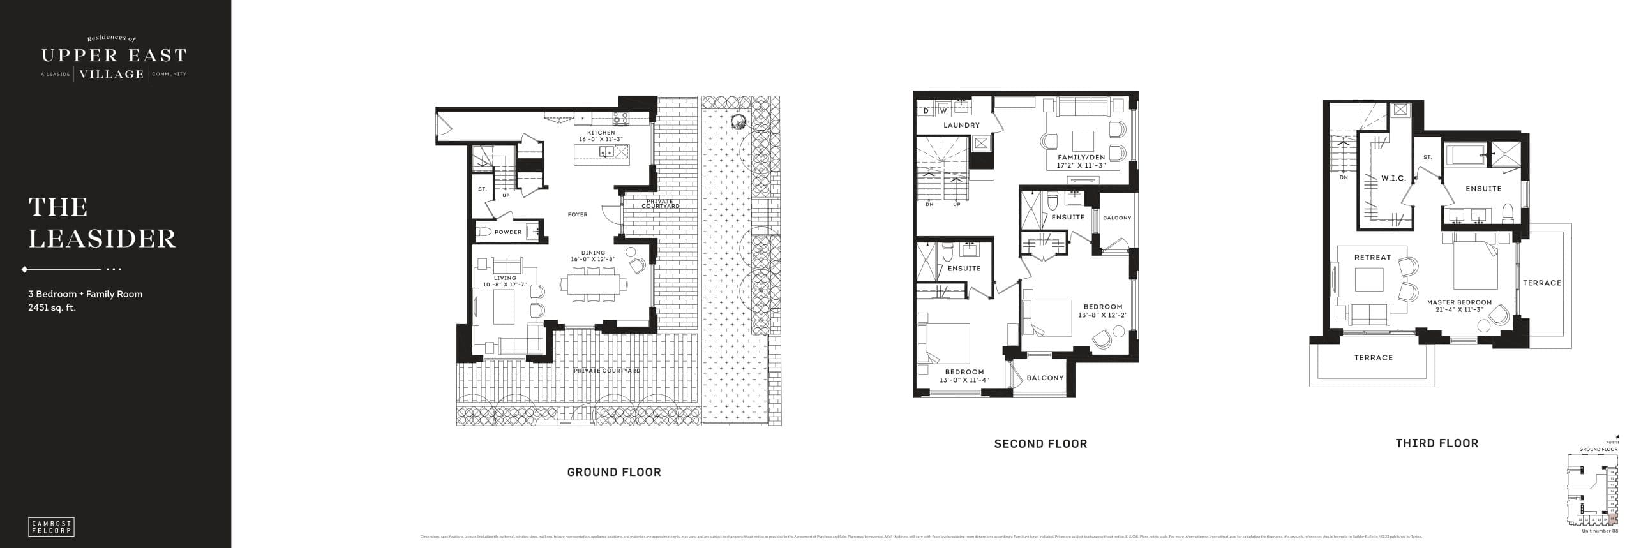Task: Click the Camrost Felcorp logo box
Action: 52,526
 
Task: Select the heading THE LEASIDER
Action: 102,223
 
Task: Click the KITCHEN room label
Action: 601,133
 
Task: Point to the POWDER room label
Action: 508,232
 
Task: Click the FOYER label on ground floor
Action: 578,215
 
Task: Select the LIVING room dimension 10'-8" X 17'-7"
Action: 505,284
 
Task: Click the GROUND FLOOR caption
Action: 614,472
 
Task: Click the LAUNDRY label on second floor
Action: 961,125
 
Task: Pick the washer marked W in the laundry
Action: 943,111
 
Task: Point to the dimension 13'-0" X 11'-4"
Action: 964,380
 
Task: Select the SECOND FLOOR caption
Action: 1040,443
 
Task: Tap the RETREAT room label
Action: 1372,258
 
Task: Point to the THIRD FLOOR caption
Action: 1437,443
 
